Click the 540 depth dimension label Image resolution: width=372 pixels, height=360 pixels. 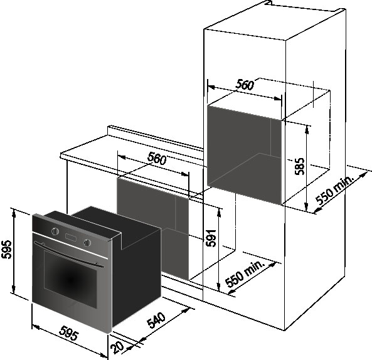156,320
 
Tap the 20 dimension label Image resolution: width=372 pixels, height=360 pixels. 118,347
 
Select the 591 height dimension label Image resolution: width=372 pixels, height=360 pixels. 211,238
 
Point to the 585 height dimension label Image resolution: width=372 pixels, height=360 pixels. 299,166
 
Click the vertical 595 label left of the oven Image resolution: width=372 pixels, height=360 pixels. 6,249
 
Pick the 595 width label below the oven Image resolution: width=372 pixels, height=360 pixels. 69,333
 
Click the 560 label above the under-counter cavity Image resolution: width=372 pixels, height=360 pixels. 157,159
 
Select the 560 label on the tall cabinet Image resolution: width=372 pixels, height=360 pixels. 245,85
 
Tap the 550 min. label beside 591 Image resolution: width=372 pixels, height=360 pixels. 245,274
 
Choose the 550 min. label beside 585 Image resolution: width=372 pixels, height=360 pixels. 335,190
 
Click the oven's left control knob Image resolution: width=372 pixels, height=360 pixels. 55,231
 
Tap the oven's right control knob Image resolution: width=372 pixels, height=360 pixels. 87,242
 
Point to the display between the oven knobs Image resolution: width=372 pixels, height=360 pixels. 71,237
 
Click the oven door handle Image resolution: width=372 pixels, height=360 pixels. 69,255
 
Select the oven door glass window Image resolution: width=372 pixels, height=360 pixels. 70,279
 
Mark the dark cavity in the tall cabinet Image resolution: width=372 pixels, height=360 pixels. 245,155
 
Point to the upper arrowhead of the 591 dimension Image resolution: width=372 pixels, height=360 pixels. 219,213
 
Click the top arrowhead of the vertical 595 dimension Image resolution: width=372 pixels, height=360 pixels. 14,213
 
